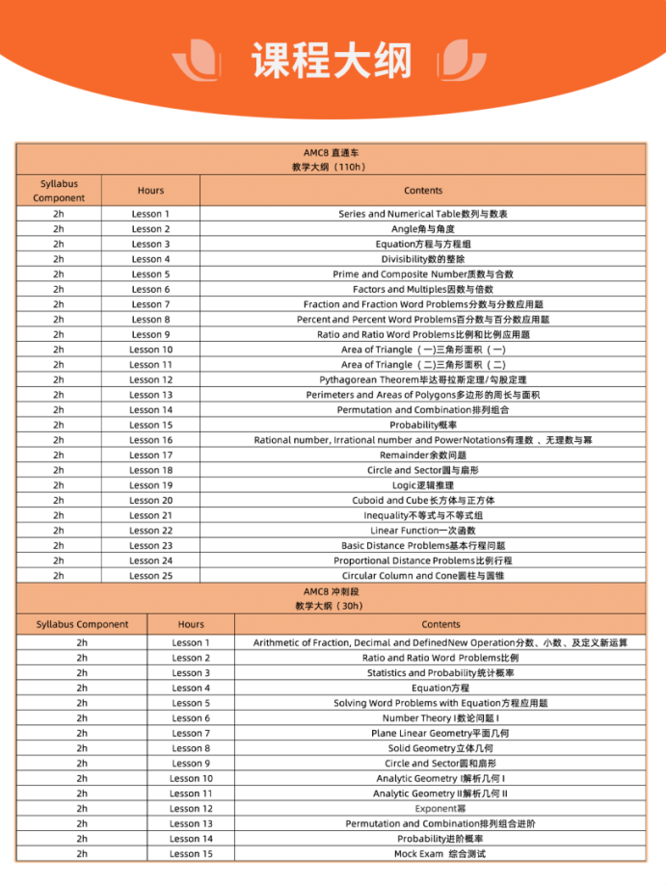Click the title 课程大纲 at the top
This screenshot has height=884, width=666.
click(332, 60)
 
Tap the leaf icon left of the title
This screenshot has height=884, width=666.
click(197, 59)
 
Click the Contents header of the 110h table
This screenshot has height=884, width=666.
click(423, 191)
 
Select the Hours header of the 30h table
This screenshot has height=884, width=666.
click(191, 624)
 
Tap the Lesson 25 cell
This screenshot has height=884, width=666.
click(150, 576)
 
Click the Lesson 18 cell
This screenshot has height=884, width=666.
click(150, 470)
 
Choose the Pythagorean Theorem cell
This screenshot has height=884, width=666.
click(423, 379)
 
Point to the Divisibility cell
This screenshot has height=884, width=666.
click(423, 259)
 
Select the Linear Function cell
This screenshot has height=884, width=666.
click(423, 531)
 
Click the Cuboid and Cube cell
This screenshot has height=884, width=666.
click(423, 501)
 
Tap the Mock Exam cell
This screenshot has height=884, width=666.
click(440, 854)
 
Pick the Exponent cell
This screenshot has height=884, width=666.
click(440, 809)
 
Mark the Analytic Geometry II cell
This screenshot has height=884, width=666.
click(440, 793)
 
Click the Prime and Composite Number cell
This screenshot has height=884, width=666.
click(423, 274)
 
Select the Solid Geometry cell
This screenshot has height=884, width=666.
click(440, 748)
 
